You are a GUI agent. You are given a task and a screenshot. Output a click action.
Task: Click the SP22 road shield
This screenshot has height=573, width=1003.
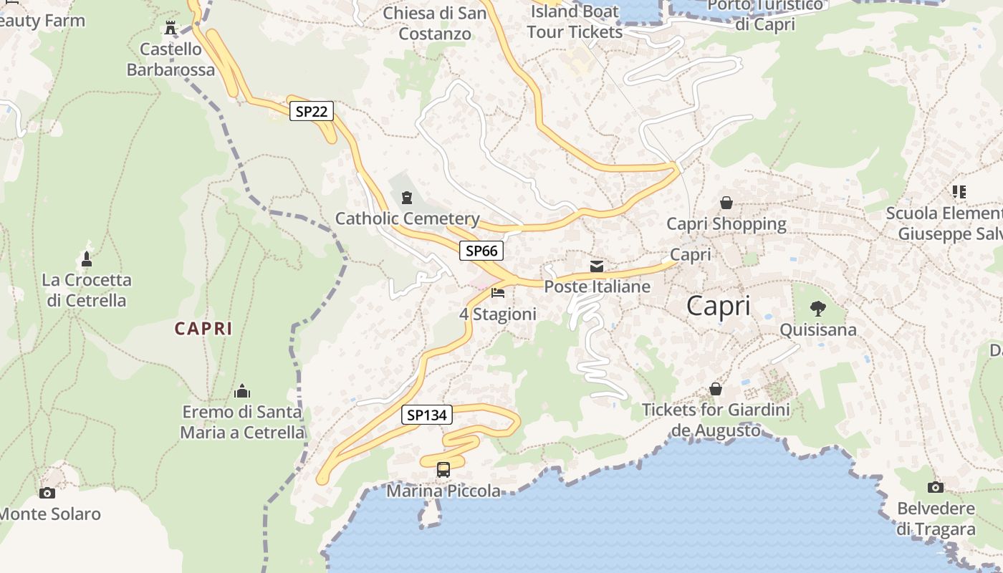pyautogui.click(x=312, y=111)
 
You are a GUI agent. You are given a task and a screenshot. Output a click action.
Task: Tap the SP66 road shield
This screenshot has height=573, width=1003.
pyautogui.click(x=481, y=251)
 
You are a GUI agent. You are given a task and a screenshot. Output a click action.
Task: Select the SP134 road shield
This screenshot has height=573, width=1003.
pyautogui.click(x=426, y=415)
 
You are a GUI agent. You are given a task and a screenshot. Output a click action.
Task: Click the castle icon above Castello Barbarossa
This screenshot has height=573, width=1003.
pyautogui.click(x=171, y=28)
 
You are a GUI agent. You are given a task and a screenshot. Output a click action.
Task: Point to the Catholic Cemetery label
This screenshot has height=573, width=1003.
pyautogui.click(x=407, y=218)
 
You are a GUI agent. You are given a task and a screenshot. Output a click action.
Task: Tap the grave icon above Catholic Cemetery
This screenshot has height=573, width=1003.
pyautogui.click(x=407, y=197)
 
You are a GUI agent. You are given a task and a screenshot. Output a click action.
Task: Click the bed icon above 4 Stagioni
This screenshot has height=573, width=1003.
pyautogui.click(x=498, y=292)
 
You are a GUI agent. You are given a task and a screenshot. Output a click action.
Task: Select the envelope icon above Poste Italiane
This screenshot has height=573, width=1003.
pyautogui.click(x=597, y=266)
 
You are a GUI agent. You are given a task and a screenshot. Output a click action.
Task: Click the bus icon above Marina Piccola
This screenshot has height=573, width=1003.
pyautogui.click(x=443, y=470)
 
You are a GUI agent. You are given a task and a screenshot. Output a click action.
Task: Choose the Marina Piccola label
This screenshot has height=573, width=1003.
pyautogui.click(x=443, y=491)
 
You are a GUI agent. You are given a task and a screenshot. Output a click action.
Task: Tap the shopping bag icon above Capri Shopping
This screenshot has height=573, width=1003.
pyautogui.click(x=726, y=203)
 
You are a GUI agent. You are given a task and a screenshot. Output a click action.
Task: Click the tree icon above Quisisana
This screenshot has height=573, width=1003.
pyautogui.click(x=817, y=309)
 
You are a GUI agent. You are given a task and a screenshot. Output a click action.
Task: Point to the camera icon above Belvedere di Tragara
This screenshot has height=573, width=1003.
pyautogui.click(x=936, y=488)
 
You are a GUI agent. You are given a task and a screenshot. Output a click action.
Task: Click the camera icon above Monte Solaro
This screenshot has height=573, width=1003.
pyautogui.click(x=47, y=493)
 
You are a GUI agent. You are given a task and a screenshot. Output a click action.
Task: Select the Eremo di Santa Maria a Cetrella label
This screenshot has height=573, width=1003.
pyautogui.click(x=242, y=422)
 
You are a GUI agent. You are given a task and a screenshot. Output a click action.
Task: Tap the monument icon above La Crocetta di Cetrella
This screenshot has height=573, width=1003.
pyautogui.click(x=87, y=259)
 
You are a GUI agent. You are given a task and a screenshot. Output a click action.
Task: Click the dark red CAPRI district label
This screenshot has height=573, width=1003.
pyautogui.click(x=204, y=329)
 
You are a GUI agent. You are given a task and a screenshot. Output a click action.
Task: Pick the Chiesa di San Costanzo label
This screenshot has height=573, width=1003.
pyautogui.click(x=435, y=23)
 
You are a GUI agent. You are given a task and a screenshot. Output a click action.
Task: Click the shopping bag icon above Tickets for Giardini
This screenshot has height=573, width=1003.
pyautogui.click(x=715, y=389)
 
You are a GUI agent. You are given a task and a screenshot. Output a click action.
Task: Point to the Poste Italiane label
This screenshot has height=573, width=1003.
pyautogui.click(x=598, y=286)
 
